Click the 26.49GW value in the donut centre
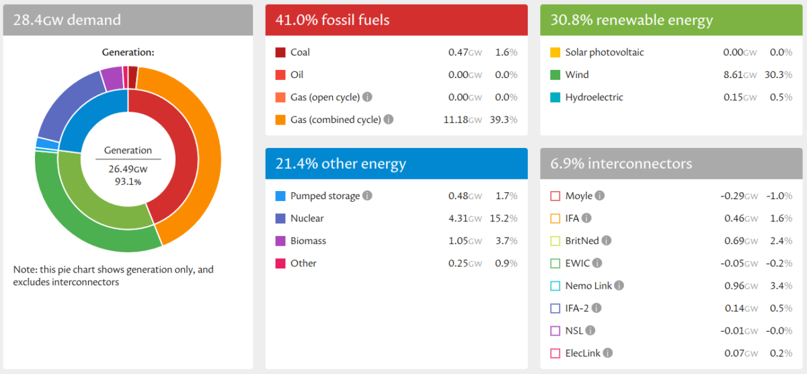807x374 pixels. click(127, 169)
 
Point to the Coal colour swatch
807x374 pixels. click(280, 52)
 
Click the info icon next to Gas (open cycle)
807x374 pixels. click(367, 97)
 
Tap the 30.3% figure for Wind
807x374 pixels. click(778, 75)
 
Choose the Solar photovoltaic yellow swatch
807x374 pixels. click(555, 52)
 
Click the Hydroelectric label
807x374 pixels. click(594, 97)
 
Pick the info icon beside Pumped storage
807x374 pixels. click(367, 196)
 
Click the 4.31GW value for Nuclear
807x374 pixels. click(465, 218)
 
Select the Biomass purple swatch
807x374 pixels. click(280, 241)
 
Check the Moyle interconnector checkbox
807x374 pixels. click(555, 196)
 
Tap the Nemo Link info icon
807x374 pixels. click(619, 285)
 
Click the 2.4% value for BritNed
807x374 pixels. click(780, 241)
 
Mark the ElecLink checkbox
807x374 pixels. click(555, 353)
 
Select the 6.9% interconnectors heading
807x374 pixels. click(621, 163)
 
